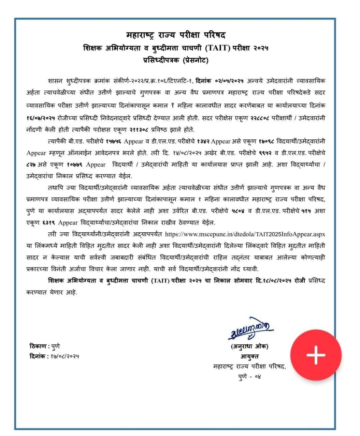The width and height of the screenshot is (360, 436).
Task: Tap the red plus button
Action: point(316,355)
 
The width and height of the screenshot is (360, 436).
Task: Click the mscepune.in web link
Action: point(245,234)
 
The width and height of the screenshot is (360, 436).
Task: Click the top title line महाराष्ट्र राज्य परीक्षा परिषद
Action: point(176,35)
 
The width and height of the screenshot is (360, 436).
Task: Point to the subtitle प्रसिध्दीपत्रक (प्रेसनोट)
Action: point(176,61)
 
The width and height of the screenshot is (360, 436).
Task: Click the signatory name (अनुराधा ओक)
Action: point(249,347)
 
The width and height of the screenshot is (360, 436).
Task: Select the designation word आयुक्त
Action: point(249,356)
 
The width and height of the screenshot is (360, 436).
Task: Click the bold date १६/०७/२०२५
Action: point(43,118)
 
